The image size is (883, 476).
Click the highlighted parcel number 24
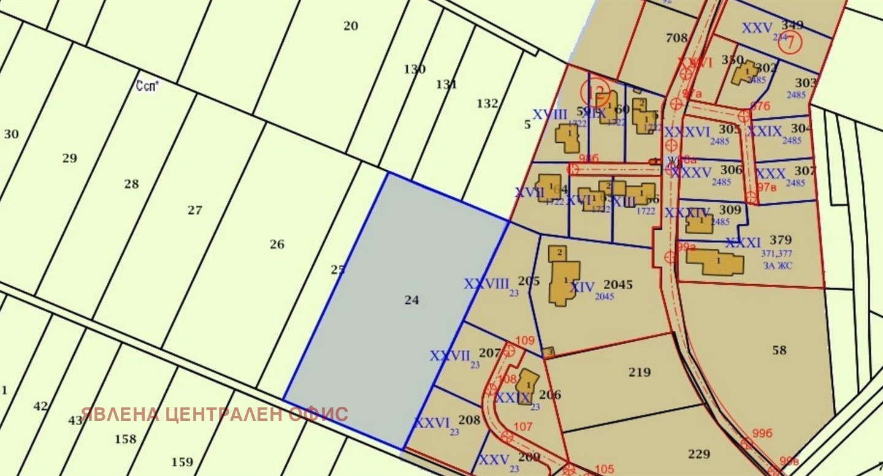(x=411, y=300)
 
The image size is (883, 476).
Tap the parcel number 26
(x=277, y=244)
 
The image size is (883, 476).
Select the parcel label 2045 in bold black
(x=617, y=285)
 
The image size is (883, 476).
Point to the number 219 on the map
(x=640, y=372)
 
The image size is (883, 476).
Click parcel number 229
(x=699, y=454)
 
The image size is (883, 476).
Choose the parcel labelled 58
(x=779, y=350)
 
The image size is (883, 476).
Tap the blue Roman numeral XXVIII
(x=487, y=284)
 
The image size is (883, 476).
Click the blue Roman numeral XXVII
(x=450, y=356)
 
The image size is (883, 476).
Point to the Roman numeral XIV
(x=583, y=287)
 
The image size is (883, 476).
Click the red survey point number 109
(x=526, y=341)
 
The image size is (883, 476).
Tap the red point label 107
(x=522, y=426)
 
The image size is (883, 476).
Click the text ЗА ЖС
(x=778, y=265)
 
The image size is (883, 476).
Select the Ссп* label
(x=147, y=86)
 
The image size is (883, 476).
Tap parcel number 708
(x=676, y=38)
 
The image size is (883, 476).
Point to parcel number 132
(x=487, y=104)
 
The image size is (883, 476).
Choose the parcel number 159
(x=182, y=462)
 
